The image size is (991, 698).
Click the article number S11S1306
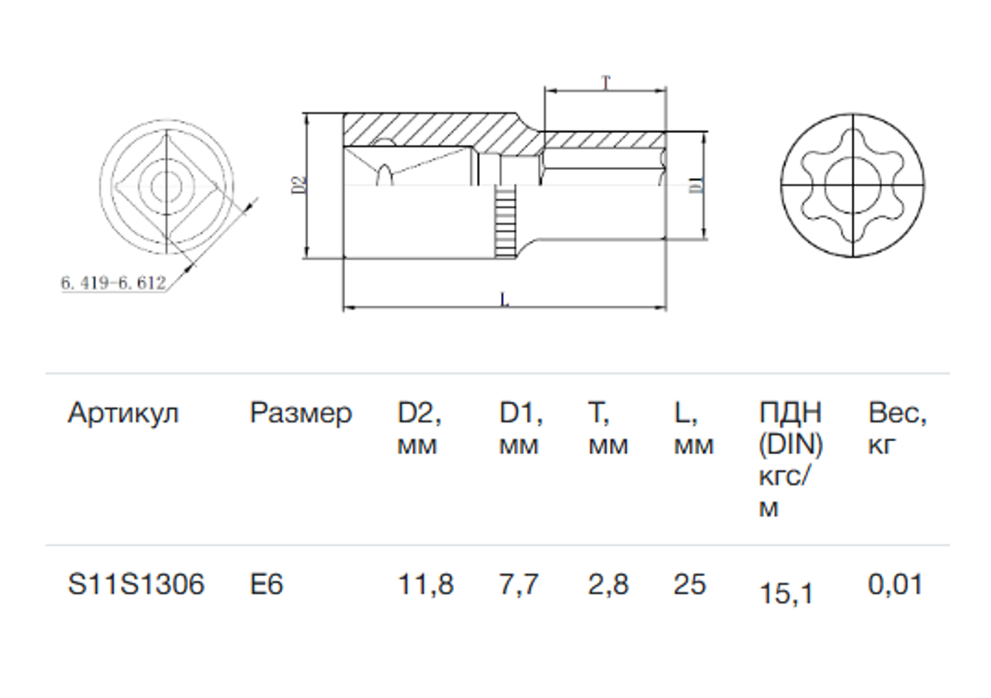pyautogui.click(x=136, y=585)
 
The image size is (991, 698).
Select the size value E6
pyautogui.click(x=266, y=585)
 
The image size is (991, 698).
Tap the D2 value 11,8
pyautogui.click(x=425, y=585)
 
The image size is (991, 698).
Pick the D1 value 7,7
pyautogui.click(x=518, y=585)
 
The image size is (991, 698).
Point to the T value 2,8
pyautogui.click(x=608, y=585)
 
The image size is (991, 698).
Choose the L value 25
pyautogui.click(x=690, y=585)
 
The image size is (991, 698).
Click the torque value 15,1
pyautogui.click(x=785, y=593)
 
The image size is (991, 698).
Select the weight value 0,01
pyautogui.click(x=895, y=585)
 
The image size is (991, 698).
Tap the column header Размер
pyautogui.click(x=300, y=413)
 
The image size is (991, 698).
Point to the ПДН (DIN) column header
pyautogui.click(x=790, y=459)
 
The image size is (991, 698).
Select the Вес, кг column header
pyautogui.click(x=897, y=428)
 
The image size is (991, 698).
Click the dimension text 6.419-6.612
pyautogui.click(x=113, y=283)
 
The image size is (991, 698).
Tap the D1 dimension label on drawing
pyautogui.click(x=696, y=184)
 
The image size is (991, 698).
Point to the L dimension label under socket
pyautogui.click(x=505, y=300)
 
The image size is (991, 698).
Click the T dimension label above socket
pyautogui.click(x=606, y=83)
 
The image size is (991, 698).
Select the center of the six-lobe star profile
pyautogui.click(x=853, y=185)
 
